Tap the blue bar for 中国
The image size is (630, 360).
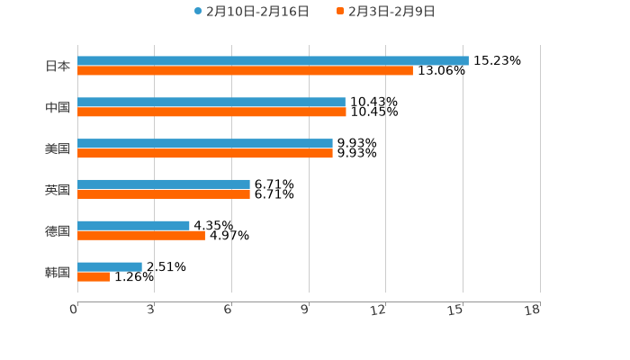coord(211,103)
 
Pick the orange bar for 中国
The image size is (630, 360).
coord(211,112)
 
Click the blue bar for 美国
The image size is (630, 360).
coord(205,144)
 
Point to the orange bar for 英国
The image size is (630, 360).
coord(164,194)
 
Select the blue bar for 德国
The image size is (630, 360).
coord(133,226)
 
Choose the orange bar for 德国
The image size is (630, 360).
coord(141,236)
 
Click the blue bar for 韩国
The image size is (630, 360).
coord(110,267)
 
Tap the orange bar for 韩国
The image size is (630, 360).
coord(94,277)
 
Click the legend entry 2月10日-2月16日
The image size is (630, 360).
coord(251,12)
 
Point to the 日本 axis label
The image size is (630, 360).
coord(58,66)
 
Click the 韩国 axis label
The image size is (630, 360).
coord(58,272)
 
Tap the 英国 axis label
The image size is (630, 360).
coord(58,190)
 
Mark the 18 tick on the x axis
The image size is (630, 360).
coord(533,310)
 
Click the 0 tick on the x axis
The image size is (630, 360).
coord(74,310)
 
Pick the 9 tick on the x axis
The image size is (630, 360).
coord(305,310)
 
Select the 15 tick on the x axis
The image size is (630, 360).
coord(456,310)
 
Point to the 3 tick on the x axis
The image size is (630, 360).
coord(150,310)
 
